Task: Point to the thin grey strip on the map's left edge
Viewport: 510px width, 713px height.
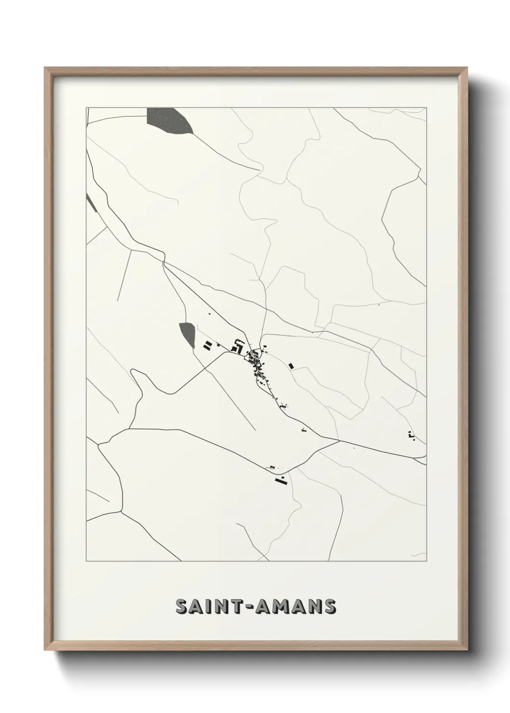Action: (91, 202)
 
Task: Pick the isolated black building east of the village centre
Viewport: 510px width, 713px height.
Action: (291, 366)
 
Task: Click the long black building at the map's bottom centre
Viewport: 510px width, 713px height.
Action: (278, 480)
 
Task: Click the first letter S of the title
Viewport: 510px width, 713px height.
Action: (181, 607)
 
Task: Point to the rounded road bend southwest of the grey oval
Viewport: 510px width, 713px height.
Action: (137, 373)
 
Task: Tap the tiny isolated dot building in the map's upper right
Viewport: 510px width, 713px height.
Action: (379, 305)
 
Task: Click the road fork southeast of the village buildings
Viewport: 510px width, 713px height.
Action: (339, 440)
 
